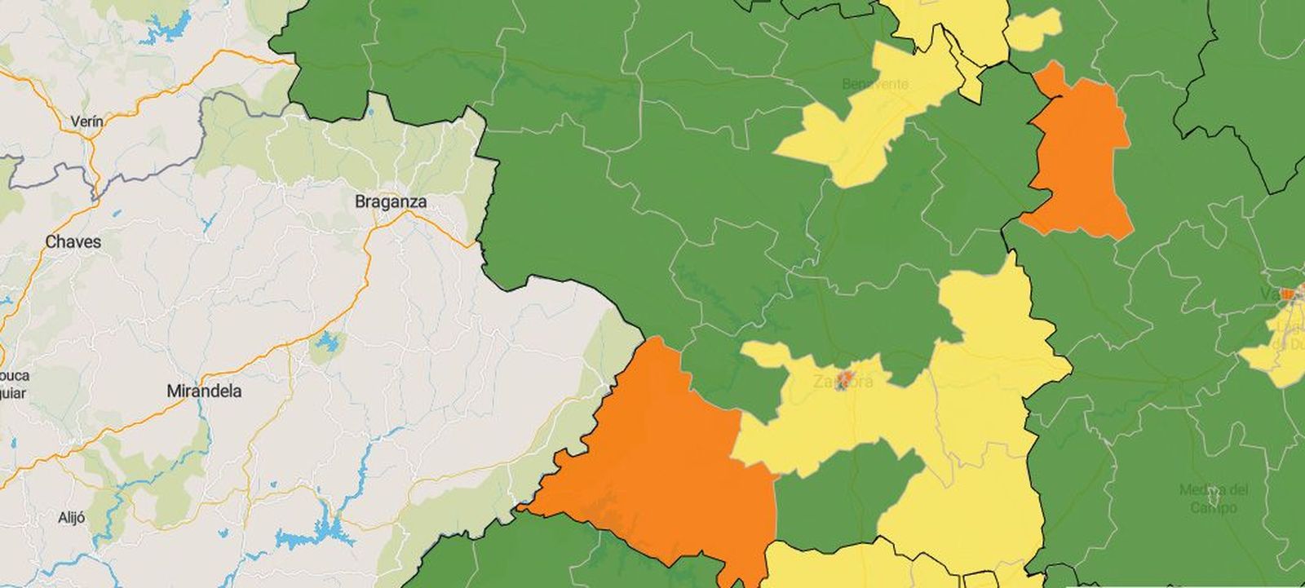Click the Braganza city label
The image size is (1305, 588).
391,201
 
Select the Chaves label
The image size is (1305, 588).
73,241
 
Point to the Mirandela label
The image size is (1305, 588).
203,391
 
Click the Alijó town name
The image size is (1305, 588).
72,517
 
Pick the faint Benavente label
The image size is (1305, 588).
875,84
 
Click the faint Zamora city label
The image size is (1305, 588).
843,382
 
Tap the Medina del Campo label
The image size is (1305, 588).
1214,498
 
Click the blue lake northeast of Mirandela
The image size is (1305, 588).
328,343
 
